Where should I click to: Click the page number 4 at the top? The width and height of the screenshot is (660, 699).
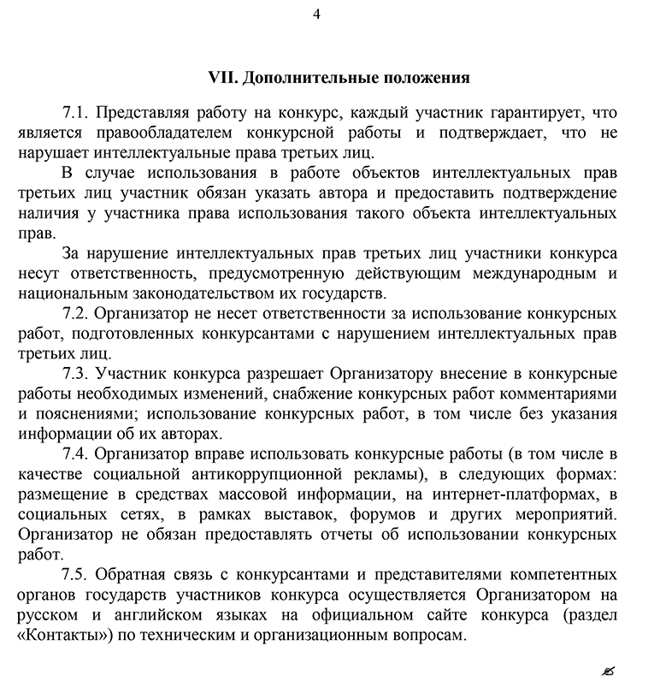pos(317,14)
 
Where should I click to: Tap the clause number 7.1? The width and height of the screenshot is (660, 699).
pos(75,113)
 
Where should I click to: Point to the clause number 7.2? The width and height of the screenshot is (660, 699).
pos(75,313)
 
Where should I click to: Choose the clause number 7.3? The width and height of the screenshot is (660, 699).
pos(75,373)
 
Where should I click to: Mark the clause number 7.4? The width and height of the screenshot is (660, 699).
pos(75,453)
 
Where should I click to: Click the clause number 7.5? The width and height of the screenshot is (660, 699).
pos(75,574)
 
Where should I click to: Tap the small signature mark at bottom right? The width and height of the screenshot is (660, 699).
pos(608,670)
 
